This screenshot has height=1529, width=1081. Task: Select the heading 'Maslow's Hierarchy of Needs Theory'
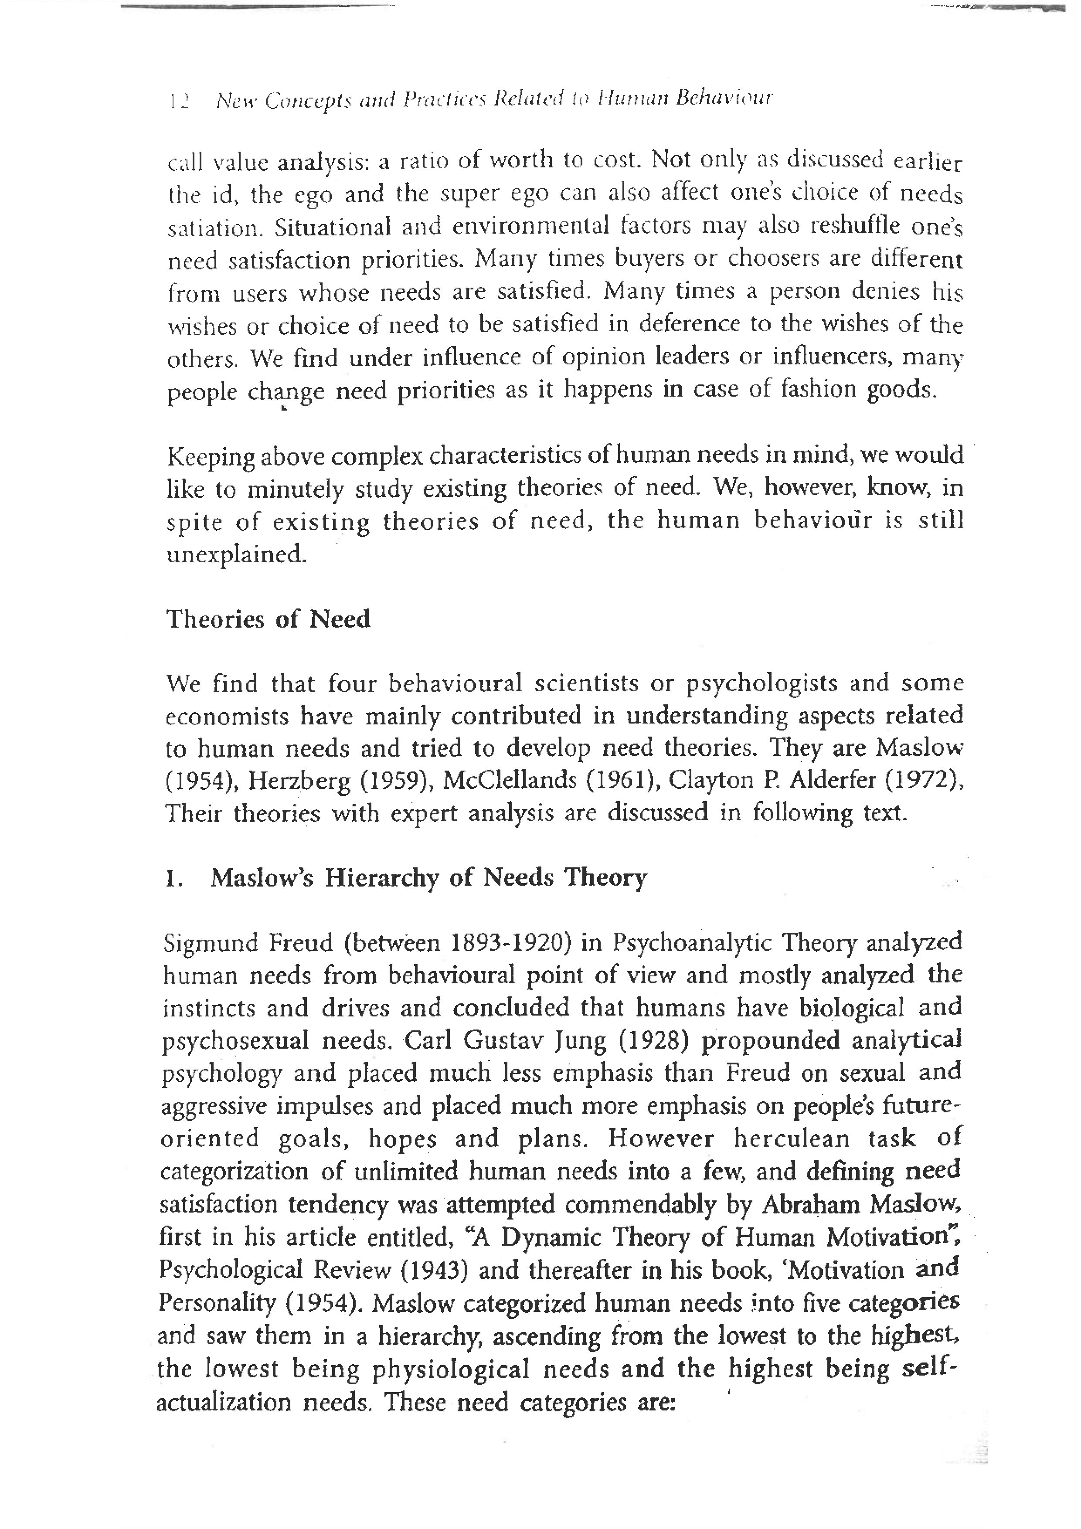point(428,878)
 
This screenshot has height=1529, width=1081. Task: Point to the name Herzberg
point(299,781)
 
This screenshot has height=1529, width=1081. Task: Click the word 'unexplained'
point(236,554)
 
